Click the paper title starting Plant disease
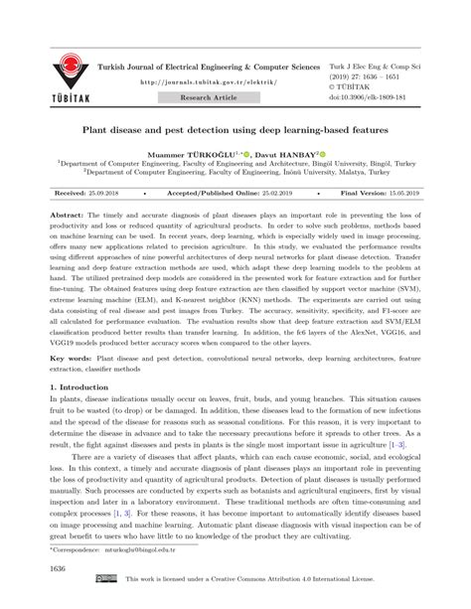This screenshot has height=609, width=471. [235, 129]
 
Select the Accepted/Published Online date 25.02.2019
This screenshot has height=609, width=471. [255, 195]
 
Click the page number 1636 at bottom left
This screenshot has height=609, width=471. [60, 572]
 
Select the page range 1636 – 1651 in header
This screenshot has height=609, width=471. [392, 73]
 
